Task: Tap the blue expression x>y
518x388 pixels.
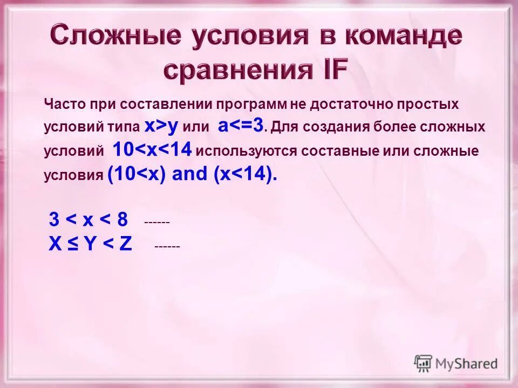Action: pos(161,127)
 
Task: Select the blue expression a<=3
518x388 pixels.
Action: pos(241,126)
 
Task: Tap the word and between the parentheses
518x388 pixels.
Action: pos(189,174)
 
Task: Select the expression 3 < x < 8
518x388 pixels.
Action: pos(88,220)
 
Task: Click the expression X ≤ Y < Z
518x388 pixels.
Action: pos(90,244)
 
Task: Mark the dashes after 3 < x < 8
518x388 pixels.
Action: pos(157,222)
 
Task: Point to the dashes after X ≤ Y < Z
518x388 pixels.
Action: pos(167,246)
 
